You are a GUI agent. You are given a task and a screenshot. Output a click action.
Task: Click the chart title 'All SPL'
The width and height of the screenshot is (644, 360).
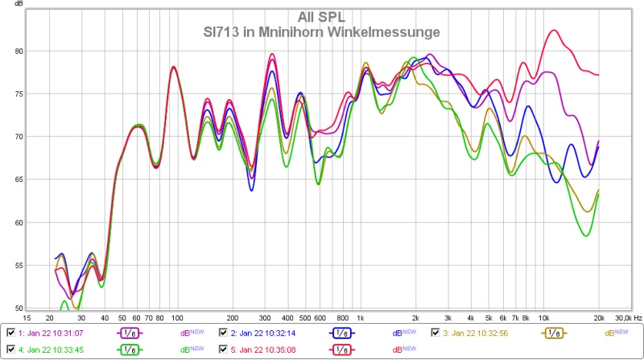322,15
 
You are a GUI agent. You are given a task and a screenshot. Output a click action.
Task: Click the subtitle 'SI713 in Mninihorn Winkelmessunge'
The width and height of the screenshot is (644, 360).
321,32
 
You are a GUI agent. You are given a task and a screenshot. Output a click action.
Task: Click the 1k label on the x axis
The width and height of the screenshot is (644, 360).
361,318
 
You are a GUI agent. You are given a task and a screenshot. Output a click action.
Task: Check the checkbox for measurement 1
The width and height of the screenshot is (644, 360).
10,333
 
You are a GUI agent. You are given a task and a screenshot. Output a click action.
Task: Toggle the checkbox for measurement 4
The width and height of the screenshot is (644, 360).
10,350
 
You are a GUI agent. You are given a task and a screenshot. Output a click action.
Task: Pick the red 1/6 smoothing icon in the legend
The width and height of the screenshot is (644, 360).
341,350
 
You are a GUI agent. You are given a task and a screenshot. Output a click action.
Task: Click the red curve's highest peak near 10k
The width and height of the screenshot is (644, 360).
553,31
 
